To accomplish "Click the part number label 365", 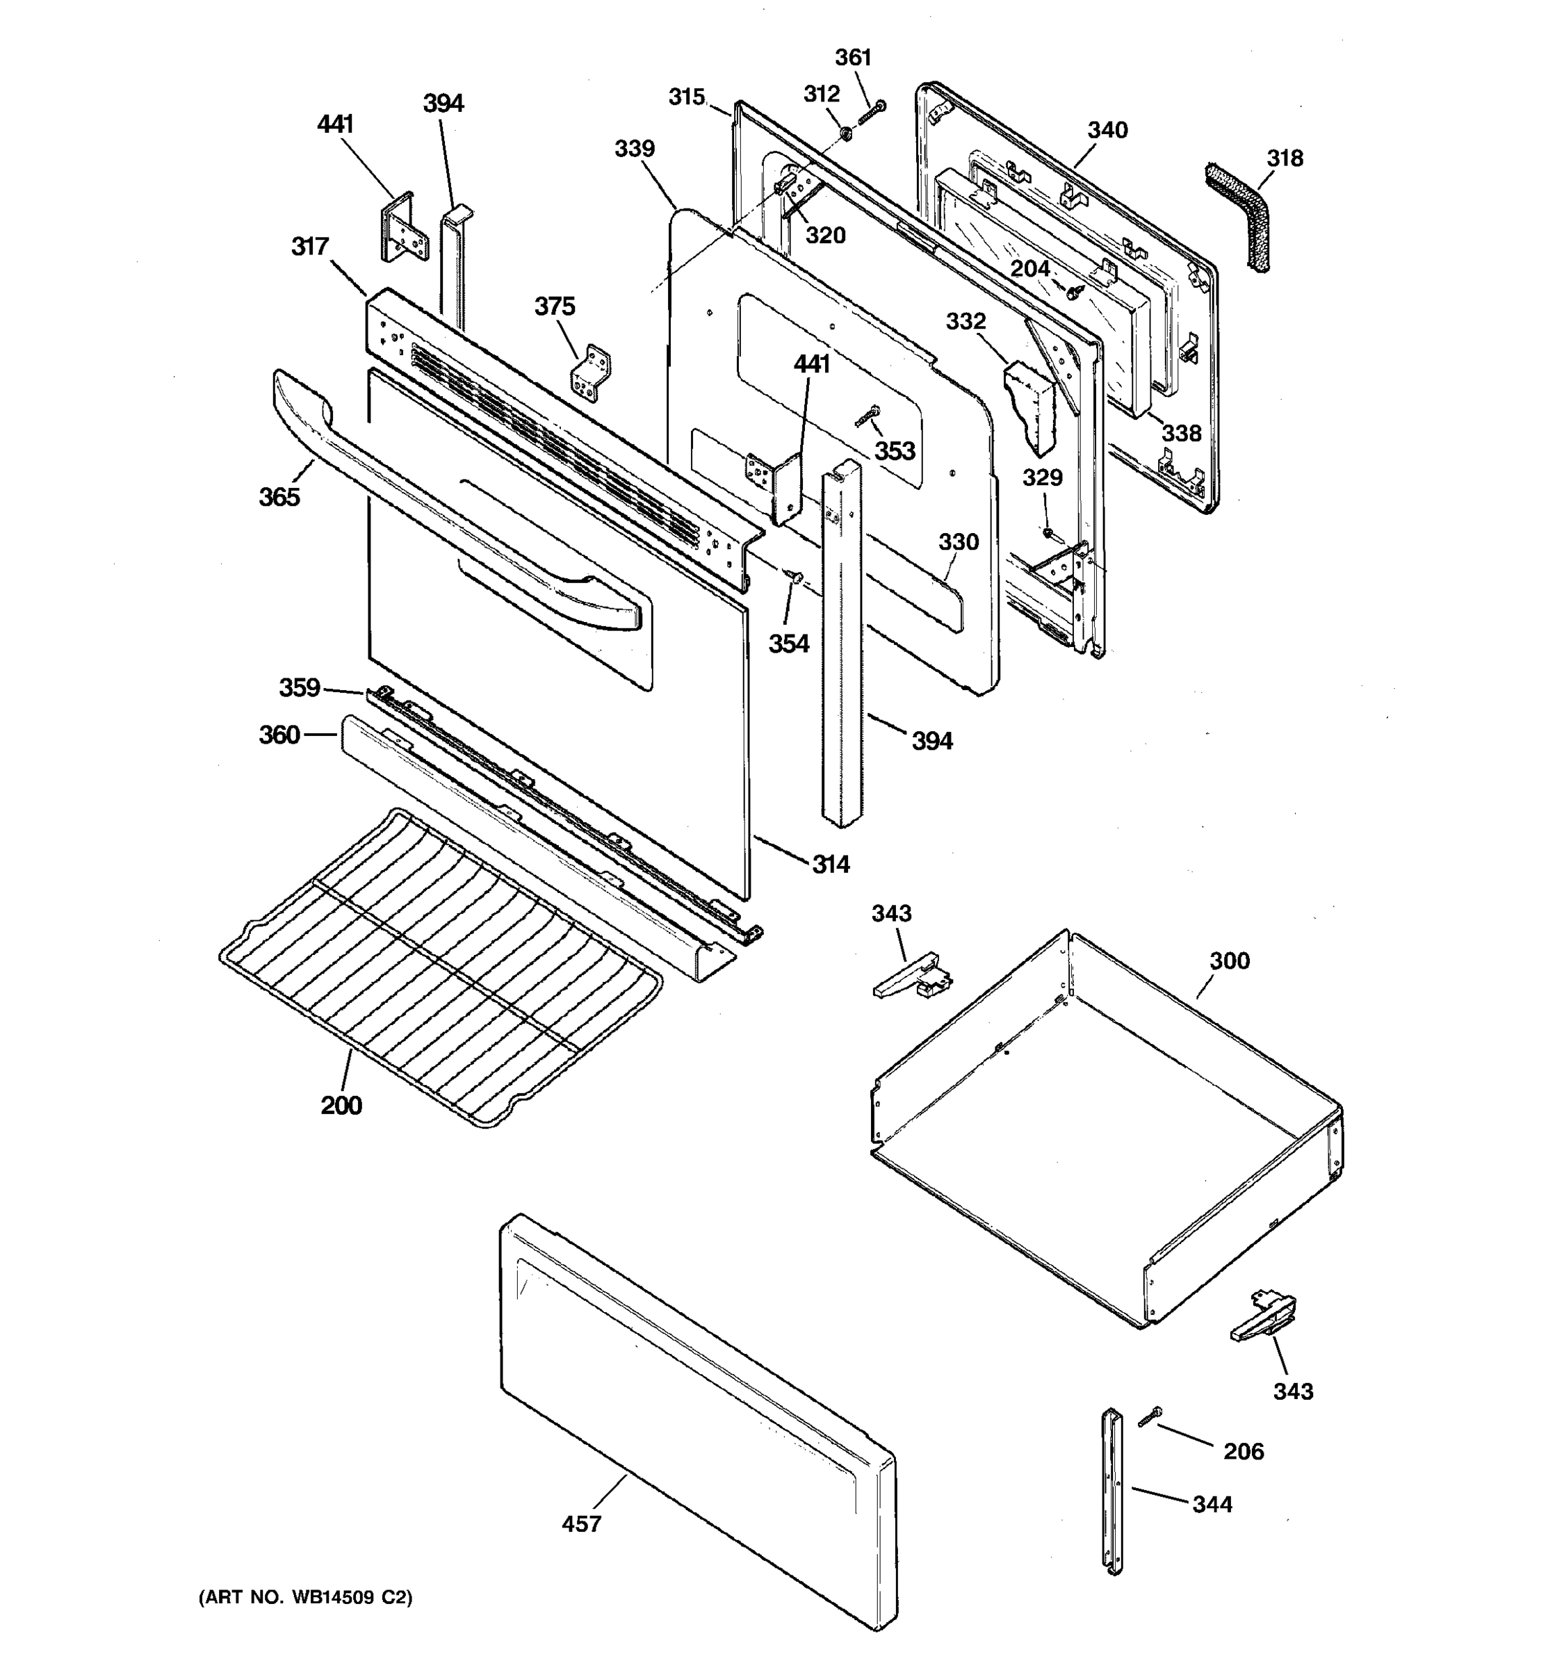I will (x=279, y=497).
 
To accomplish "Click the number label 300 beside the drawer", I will (x=1229, y=960).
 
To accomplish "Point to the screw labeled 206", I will (x=1150, y=1418).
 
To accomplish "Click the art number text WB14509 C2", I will (x=305, y=1598).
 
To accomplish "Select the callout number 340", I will (x=1107, y=130).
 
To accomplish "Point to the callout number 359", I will (x=300, y=687).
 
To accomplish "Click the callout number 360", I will (x=279, y=735).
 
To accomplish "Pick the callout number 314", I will (x=831, y=863).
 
